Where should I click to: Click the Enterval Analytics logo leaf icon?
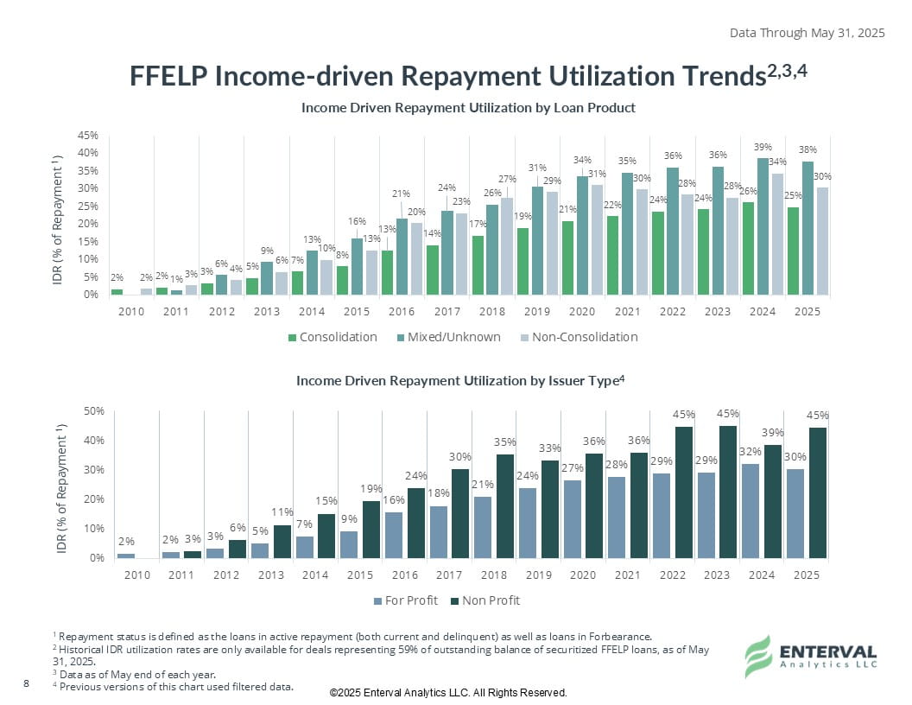click(758, 656)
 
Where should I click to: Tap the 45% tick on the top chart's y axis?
click(87, 136)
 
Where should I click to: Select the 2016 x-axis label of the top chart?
click(402, 311)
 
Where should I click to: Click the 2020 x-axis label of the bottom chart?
click(583, 575)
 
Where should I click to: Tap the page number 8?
click(26, 684)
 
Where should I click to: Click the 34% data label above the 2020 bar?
click(582, 159)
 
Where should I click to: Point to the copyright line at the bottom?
click(448, 693)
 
